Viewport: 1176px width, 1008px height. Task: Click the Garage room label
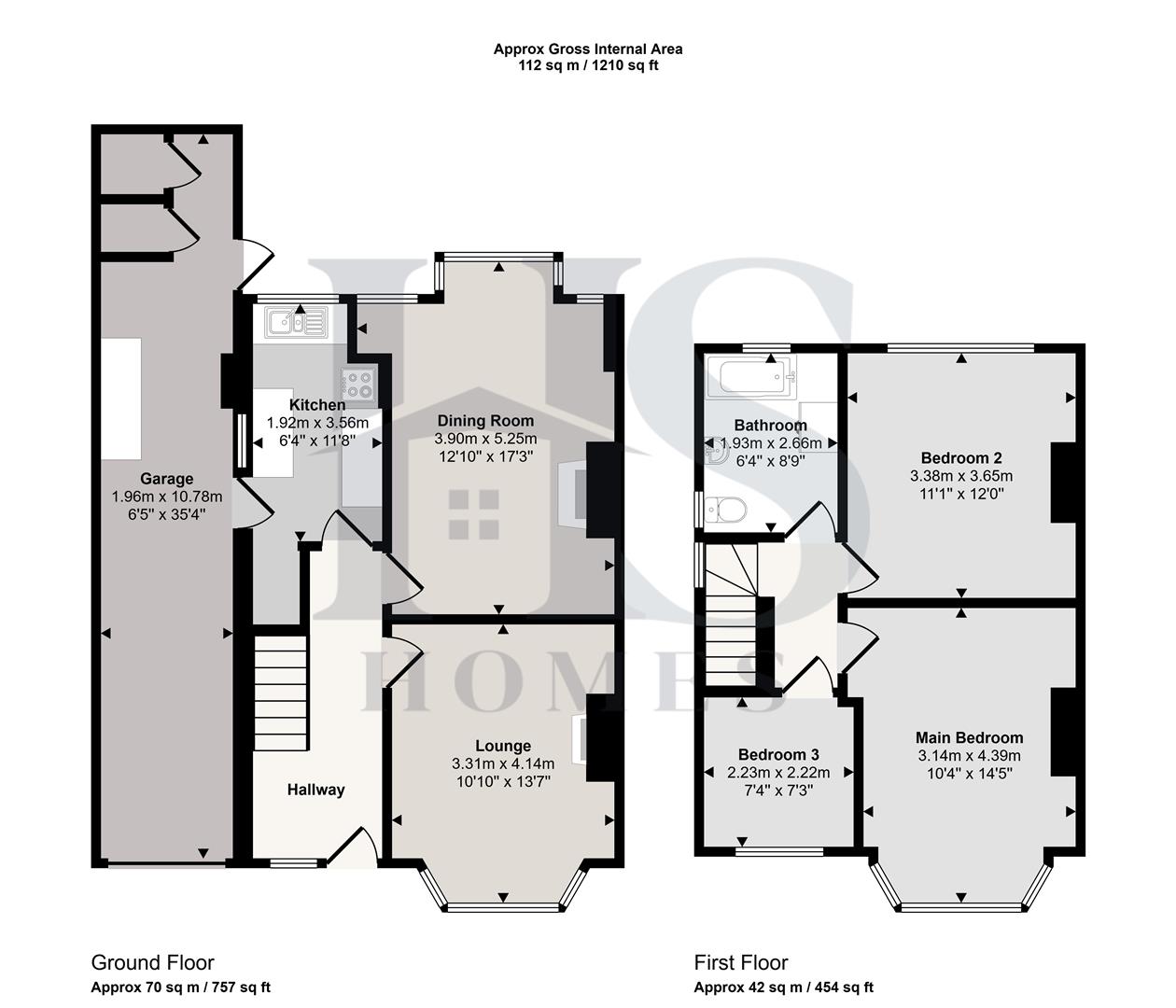click(x=167, y=479)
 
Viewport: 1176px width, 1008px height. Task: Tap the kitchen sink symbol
click(x=296, y=324)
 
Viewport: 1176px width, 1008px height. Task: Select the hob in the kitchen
click(x=359, y=384)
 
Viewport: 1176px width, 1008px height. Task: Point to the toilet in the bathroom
click(x=726, y=510)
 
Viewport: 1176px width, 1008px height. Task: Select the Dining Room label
click(x=485, y=421)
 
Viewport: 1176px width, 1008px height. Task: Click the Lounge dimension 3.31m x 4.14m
click(x=503, y=763)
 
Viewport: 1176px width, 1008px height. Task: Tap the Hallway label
click(x=315, y=790)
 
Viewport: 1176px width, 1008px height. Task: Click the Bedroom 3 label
click(x=778, y=754)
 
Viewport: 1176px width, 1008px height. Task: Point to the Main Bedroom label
click(x=969, y=737)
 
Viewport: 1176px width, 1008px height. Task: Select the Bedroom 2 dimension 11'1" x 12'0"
click(x=961, y=494)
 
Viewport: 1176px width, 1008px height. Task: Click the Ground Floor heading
click(x=152, y=962)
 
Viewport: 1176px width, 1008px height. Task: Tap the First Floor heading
click(x=741, y=962)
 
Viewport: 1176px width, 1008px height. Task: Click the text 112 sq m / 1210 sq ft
click(x=588, y=65)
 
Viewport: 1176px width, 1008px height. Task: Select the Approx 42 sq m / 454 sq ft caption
click(x=783, y=987)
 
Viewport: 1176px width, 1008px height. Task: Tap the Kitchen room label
click(x=317, y=405)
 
